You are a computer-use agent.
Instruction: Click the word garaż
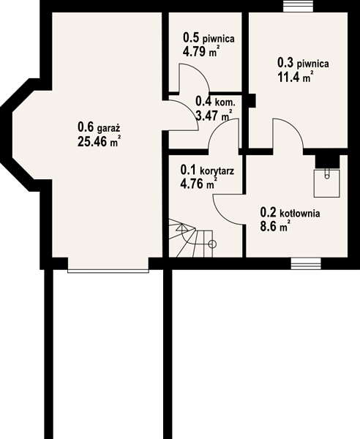pos(108,129)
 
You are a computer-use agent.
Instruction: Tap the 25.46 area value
pos(92,141)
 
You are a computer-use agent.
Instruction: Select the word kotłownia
pos(300,214)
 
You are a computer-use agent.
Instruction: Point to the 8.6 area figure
pos(268,227)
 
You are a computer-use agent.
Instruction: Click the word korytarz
pos(217,170)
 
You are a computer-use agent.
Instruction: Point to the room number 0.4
pos(203,102)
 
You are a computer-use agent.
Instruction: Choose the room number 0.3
pos(285,62)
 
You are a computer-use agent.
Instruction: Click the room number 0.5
pos(192,37)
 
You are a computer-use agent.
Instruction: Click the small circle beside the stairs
pos(212,244)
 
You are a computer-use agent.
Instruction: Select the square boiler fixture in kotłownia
pos(326,183)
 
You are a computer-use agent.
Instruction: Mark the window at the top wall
pos(298,6)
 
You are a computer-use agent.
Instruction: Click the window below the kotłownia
pos(306,263)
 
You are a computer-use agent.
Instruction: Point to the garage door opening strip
pos(108,271)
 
